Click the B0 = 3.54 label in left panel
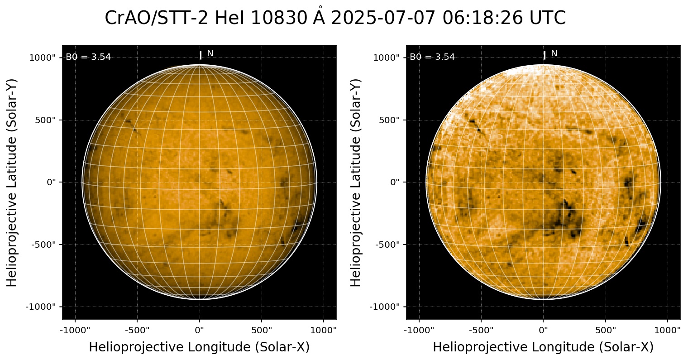pyautogui.click(x=88, y=57)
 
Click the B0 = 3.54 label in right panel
pyautogui.click(x=432, y=57)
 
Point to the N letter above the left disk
pyautogui.click(x=210, y=53)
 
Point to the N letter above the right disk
pyautogui.click(x=554, y=53)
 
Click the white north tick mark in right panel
pyautogui.click(x=545, y=55)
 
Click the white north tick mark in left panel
pyautogui.click(x=201, y=55)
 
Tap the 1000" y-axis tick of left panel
pyautogui.click(x=43, y=58)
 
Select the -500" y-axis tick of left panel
pyautogui.click(x=44, y=245)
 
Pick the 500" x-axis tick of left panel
pyautogui.click(x=262, y=330)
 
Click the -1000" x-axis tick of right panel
pyautogui.click(x=419, y=330)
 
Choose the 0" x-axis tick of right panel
pyautogui.click(x=544, y=330)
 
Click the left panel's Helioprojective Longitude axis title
pyautogui.click(x=199, y=347)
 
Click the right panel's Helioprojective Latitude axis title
pyautogui.click(x=357, y=182)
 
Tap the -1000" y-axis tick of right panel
pyautogui.click(x=386, y=307)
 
